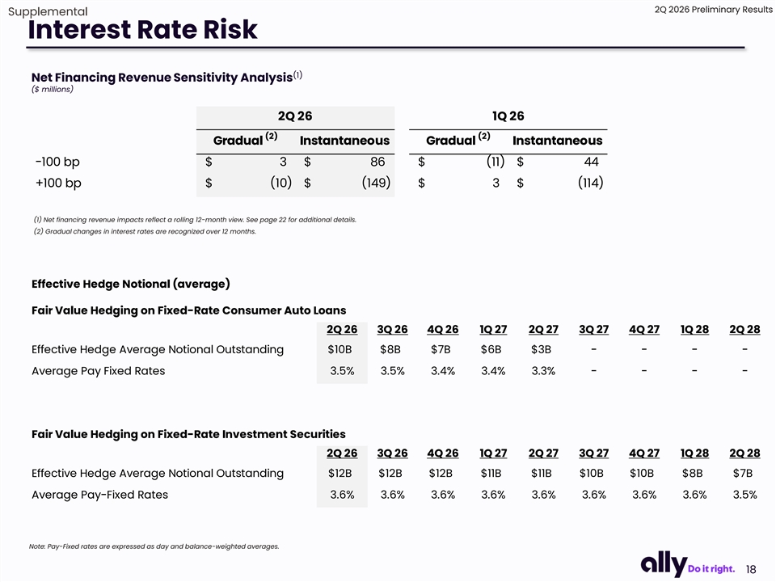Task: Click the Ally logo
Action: pos(664,564)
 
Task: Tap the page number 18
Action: pos(751,569)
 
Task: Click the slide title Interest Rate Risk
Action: pos(142,29)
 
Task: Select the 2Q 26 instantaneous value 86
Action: pos(377,162)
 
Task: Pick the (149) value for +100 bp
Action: pos(376,183)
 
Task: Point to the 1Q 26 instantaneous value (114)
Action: pos(590,183)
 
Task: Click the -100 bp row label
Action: pos(57,162)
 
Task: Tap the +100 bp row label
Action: pos(58,183)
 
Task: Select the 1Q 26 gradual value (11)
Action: pos(496,162)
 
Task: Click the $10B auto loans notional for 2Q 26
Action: pos(339,349)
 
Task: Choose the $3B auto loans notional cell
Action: pos(541,349)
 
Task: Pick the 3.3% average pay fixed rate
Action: pos(543,371)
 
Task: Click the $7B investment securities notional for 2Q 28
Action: pos(743,473)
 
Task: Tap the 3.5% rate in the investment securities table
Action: pos(744,495)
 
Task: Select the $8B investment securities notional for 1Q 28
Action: pos(693,473)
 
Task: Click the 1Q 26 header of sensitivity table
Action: pos(508,116)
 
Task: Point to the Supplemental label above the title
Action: pos(48,11)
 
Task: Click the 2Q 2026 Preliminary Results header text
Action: pos(713,10)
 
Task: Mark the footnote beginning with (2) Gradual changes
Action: pos(145,232)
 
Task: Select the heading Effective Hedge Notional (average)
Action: pos(131,284)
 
